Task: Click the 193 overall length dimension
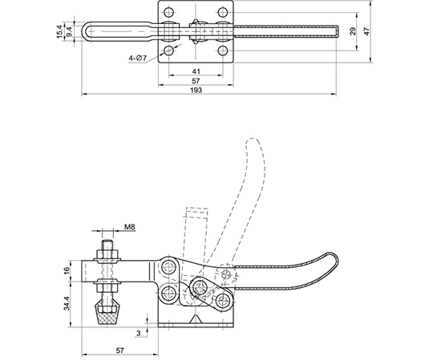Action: pos(196,90)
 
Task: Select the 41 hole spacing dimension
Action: pos(196,71)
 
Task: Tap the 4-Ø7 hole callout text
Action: pos(138,59)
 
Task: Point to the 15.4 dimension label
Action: pos(59,31)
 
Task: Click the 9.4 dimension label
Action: pos(69,31)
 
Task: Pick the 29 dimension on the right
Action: pos(353,31)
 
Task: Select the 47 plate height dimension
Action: pos(366,31)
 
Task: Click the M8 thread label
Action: pos(130,227)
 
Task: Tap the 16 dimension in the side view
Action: pos(67,271)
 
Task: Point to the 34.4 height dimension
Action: pos(67,303)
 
